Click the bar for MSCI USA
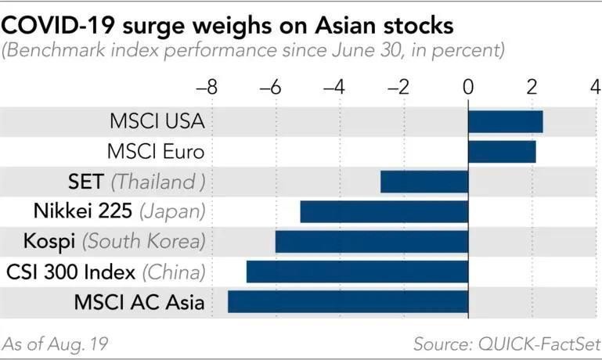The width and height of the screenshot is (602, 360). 505,121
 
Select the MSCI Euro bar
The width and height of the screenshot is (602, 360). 502,151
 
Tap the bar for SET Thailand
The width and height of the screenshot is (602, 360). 424,182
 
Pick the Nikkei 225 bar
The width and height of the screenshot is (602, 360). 384,211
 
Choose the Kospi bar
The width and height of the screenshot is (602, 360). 371,241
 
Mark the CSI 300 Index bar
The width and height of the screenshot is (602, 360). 357,272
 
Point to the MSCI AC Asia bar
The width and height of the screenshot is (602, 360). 348,301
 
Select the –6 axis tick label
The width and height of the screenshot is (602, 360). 271,87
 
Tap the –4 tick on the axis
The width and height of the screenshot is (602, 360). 336,87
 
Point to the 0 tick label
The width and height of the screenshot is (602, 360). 468,87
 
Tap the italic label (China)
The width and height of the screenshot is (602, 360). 174,272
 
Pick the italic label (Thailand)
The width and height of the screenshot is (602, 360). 158,182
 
